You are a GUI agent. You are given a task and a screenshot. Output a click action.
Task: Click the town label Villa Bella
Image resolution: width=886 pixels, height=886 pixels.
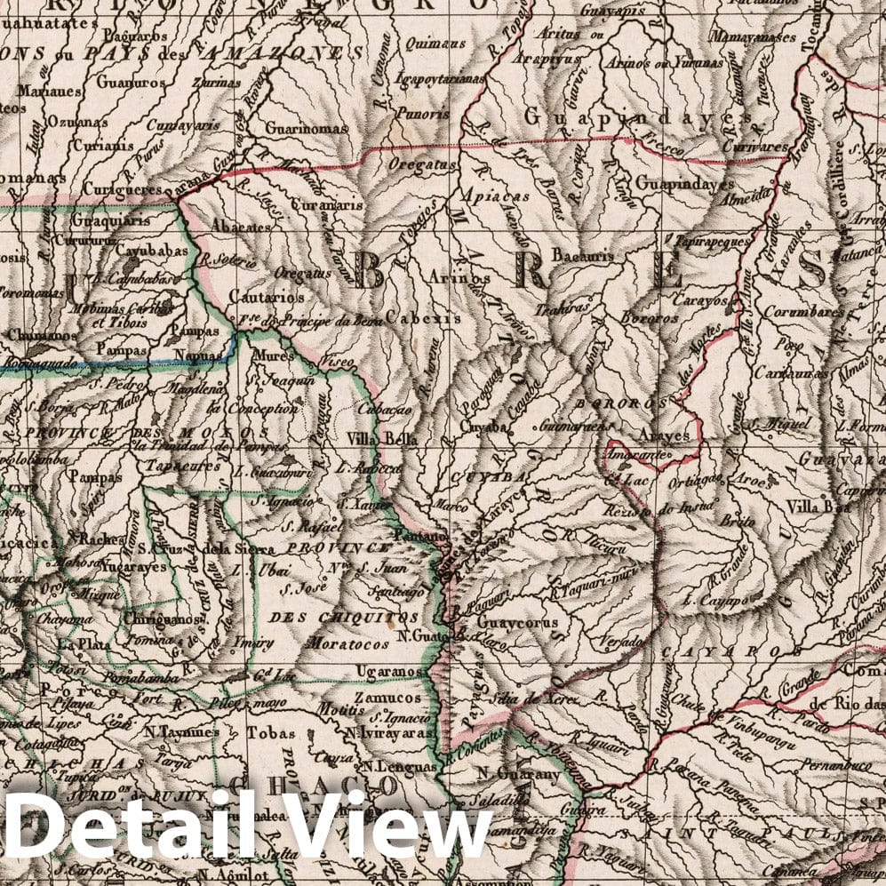coord(377,438)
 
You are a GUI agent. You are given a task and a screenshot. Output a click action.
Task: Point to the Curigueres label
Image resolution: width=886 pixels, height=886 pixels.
coord(122,189)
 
